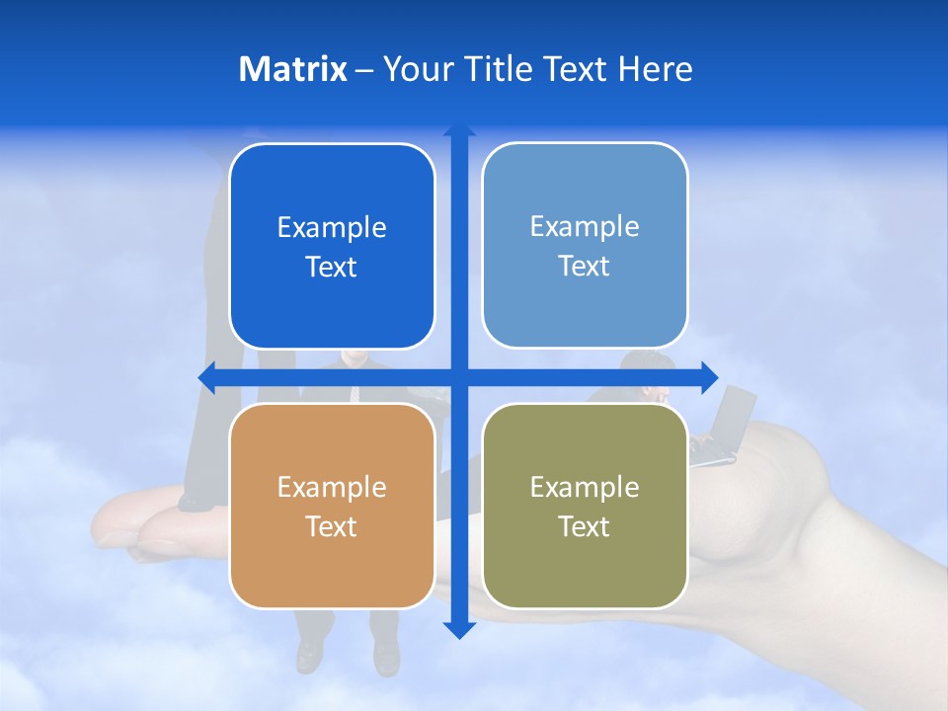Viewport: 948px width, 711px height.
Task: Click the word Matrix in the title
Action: coord(293,69)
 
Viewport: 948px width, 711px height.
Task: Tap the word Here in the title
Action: coord(656,69)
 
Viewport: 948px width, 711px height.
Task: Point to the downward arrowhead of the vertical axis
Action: coord(458,629)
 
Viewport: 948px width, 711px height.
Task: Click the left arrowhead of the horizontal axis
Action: coord(206,377)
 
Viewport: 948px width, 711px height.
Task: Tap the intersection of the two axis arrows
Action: coord(458,377)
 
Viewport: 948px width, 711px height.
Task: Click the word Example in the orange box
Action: coord(332,487)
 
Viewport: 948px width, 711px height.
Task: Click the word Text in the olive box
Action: coord(585,526)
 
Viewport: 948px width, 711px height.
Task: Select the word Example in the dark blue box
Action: coord(332,228)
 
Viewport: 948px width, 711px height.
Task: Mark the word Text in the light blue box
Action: coord(585,267)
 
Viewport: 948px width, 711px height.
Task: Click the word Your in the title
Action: coord(416,69)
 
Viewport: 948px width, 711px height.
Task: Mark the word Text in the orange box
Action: coord(332,526)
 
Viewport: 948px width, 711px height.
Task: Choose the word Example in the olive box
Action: coord(585,487)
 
